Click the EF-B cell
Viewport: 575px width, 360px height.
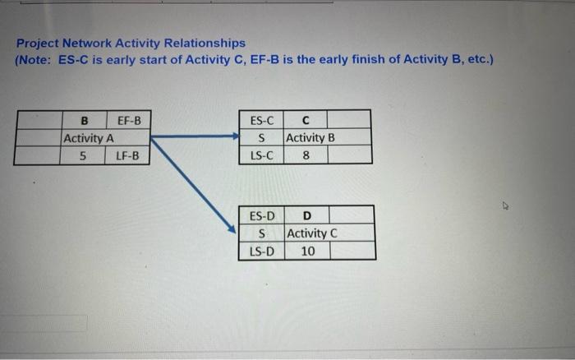(129, 121)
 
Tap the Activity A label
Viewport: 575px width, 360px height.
(89, 138)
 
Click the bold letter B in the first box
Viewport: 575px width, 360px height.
(83, 121)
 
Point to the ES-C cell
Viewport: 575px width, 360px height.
(261, 121)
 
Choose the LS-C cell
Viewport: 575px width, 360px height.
(261, 155)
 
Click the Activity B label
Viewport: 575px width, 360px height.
(310, 137)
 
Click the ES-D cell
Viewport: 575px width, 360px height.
(262, 216)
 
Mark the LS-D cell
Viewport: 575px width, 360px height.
(262, 251)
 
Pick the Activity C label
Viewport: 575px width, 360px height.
(312, 233)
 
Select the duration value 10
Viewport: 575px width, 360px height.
(307, 251)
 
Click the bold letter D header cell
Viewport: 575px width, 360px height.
(307, 216)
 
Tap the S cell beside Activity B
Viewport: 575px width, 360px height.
(261, 137)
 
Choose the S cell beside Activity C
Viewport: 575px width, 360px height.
(262, 233)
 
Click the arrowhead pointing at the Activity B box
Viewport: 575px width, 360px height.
(233, 136)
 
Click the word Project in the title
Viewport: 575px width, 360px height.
(37, 42)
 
